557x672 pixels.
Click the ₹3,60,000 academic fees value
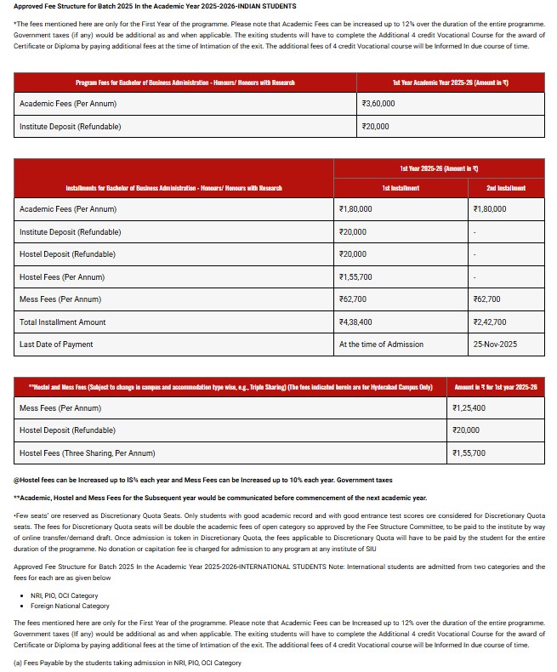[378, 104]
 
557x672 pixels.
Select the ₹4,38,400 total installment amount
[355, 322]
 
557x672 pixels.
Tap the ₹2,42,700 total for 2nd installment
[489, 322]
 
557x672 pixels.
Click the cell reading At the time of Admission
[379, 345]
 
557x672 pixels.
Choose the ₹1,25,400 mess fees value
[469, 408]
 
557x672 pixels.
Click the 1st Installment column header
[400, 187]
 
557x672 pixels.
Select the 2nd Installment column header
[506, 187]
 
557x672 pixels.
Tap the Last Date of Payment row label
[56, 345]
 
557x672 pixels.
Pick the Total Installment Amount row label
[63, 322]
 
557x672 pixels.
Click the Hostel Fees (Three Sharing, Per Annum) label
[88, 453]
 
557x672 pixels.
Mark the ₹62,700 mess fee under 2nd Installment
[486, 299]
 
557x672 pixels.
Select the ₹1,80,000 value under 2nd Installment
[489, 208]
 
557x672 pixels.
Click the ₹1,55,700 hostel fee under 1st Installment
[355, 276]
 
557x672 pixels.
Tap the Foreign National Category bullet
[70, 607]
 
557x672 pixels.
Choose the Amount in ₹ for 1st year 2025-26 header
[496, 387]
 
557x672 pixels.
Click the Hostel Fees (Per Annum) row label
[62, 276]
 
